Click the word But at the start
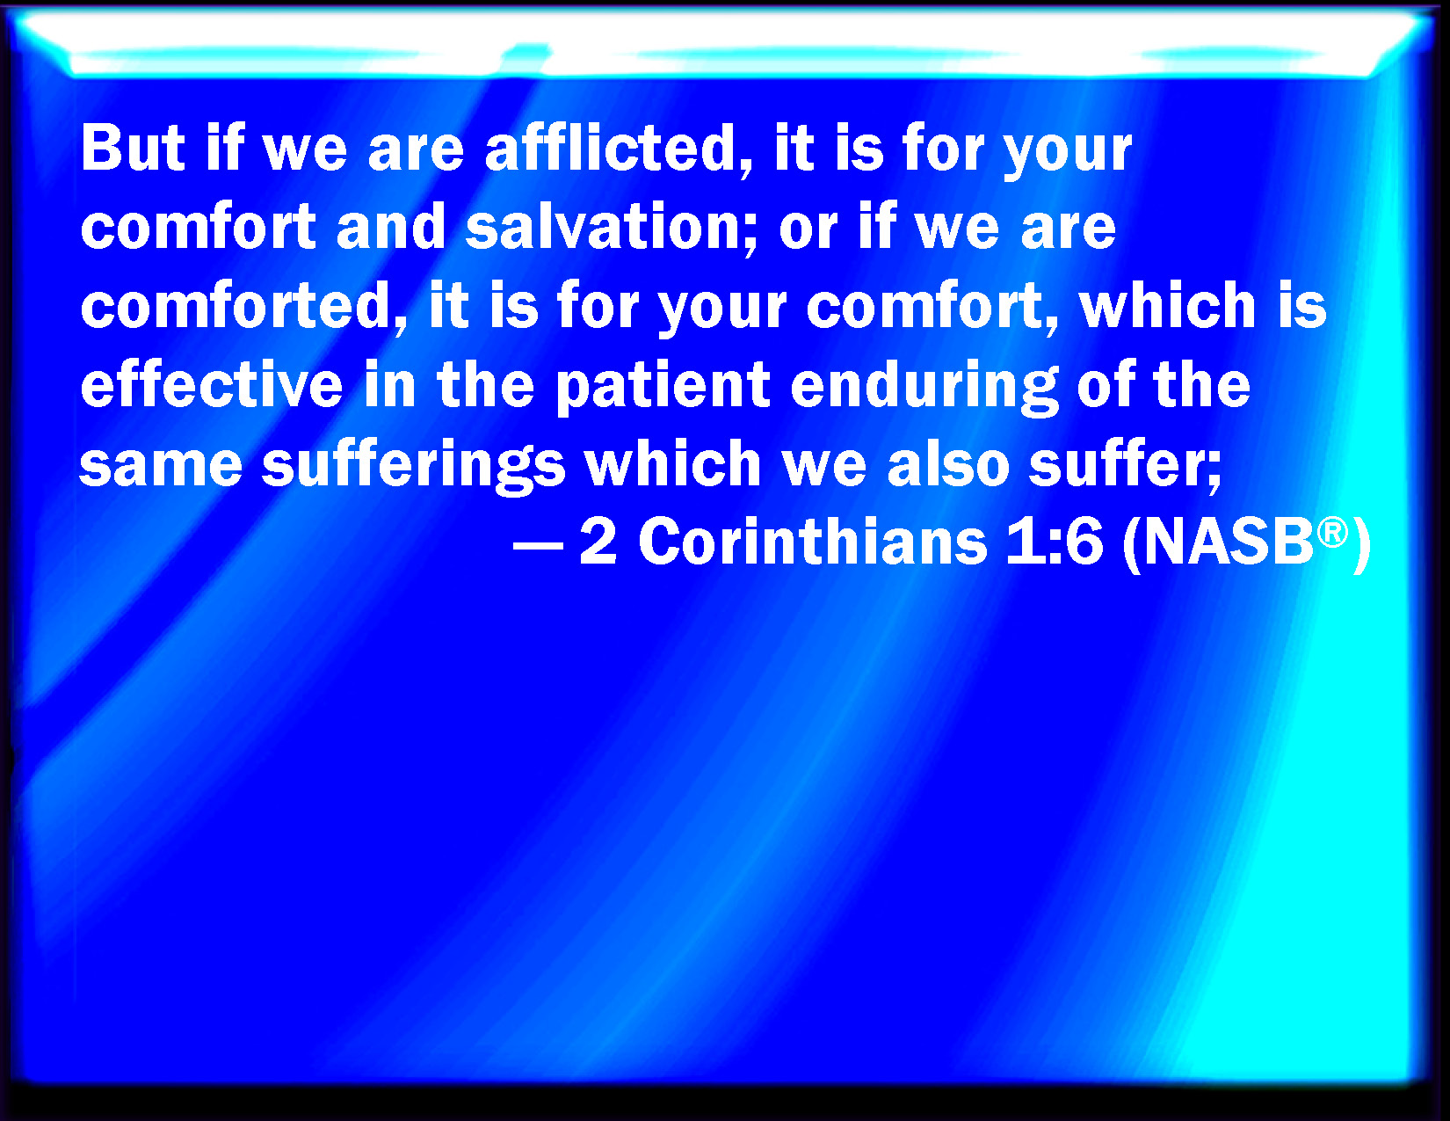133,148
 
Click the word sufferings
414,466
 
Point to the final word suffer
1125,465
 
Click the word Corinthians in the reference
813,542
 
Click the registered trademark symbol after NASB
1333,534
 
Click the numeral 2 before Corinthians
598,542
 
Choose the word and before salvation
391,227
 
